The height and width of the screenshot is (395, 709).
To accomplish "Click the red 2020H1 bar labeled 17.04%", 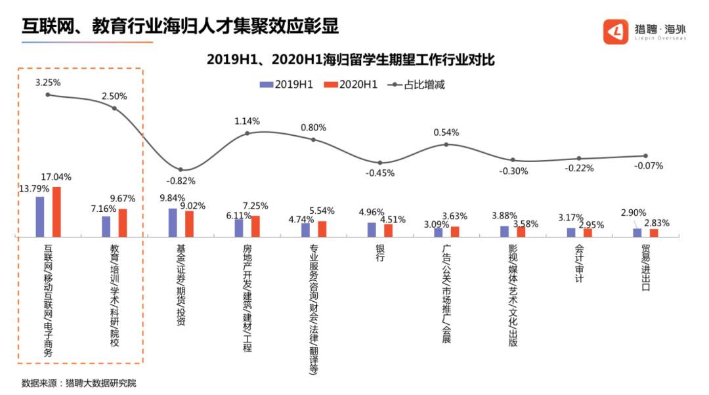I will [56, 211].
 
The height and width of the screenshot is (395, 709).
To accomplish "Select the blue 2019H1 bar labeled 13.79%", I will [40, 217].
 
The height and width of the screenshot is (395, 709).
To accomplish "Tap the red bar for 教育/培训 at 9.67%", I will [123, 222].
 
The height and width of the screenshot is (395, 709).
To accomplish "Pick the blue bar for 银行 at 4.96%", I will [372, 230].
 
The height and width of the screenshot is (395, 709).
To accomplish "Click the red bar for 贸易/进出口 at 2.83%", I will [654, 232].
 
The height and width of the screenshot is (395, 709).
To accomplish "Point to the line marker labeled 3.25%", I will [48, 95].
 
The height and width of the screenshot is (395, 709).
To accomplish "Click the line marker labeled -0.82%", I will [181, 170].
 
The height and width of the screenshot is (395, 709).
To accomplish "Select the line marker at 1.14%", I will [247, 133].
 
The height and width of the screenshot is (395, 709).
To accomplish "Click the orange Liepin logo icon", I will [616, 31].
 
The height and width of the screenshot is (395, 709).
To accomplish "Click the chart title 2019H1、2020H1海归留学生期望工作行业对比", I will [350, 60].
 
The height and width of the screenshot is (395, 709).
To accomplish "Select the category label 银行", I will [379, 253].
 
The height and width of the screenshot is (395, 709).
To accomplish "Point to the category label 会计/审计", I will [579, 264].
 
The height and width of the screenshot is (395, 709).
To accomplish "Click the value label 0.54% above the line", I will [446, 132].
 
